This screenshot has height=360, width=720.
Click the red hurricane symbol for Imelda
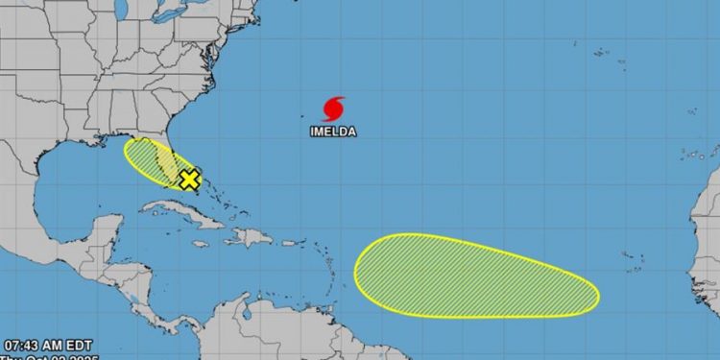coord(334,108)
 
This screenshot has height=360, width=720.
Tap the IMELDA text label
coord(333,132)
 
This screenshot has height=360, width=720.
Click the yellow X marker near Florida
coord(189,179)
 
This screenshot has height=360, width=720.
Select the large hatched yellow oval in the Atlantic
coord(476,276)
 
